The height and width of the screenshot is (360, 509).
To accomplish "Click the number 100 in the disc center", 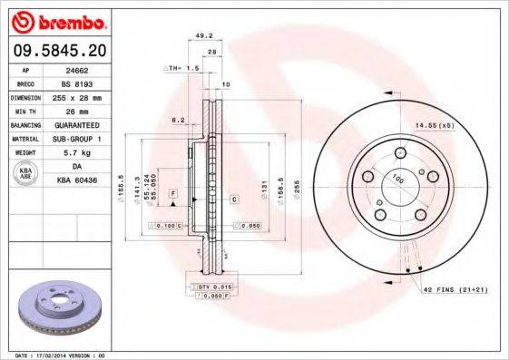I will [396, 180].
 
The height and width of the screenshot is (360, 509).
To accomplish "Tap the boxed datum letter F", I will [172, 194].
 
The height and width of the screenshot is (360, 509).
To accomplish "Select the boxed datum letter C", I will [234, 198].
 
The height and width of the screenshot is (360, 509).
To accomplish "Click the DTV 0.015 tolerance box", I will [210, 287].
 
